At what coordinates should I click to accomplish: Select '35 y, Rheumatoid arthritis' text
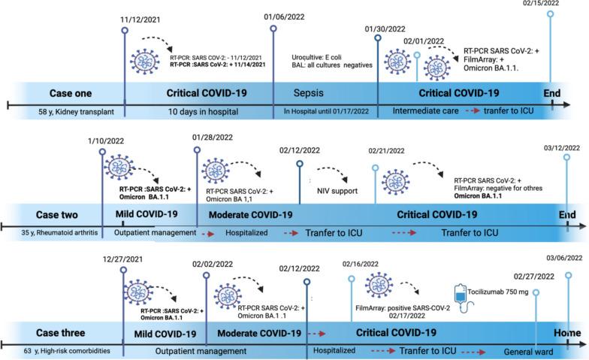[52, 233]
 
